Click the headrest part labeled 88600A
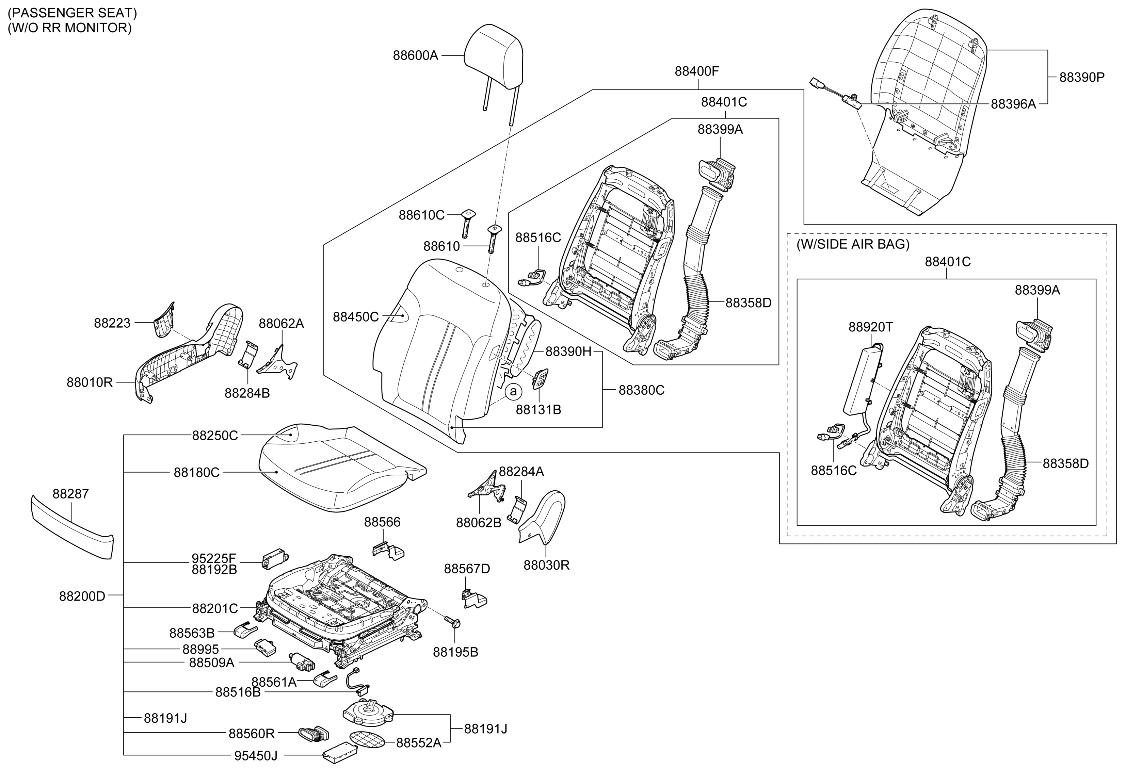coord(493,58)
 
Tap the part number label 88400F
coord(697,71)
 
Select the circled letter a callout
coord(513,391)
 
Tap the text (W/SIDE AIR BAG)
coord(853,244)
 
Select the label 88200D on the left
coord(82,596)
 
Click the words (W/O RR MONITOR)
coord(69,28)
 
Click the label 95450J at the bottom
coord(256,755)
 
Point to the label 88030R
coord(547,565)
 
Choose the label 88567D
coord(467,569)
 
